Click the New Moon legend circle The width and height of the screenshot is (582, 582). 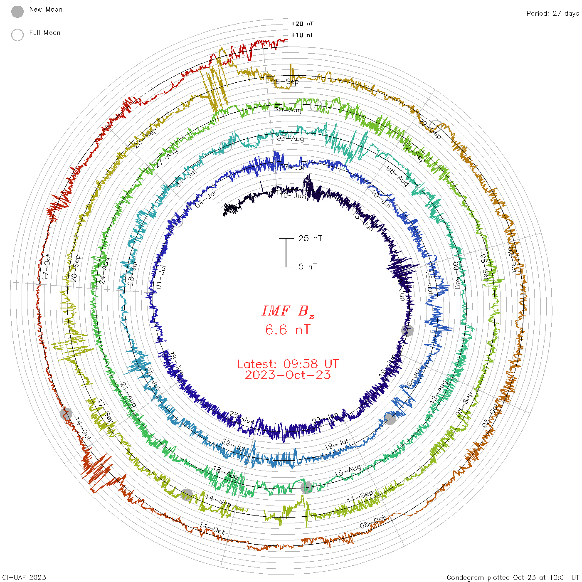pos(17,12)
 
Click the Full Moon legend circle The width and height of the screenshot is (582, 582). pos(17,35)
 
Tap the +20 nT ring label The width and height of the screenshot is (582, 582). pos(302,24)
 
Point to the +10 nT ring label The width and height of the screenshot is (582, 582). pos(302,35)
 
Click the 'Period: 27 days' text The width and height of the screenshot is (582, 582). pos(552,13)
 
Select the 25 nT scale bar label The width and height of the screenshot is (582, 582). pos(310,238)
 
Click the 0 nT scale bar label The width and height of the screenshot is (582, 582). pos(308,266)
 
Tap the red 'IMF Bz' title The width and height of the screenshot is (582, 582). pos(288,311)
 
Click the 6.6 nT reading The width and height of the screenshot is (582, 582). pos(288,330)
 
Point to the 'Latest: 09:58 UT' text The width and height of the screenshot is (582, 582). pos(288,364)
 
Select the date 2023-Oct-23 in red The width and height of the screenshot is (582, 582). pos(288,375)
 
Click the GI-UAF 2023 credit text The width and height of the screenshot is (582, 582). pos(24,577)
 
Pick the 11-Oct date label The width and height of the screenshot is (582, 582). pos(212,528)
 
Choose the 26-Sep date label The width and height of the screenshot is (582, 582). pos(285,81)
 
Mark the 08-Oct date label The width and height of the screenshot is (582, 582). pos(372,523)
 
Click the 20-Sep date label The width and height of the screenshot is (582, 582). pos(75,269)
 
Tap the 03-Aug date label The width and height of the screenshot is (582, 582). pos(290,138)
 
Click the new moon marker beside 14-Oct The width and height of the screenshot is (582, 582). pos(66,414)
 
